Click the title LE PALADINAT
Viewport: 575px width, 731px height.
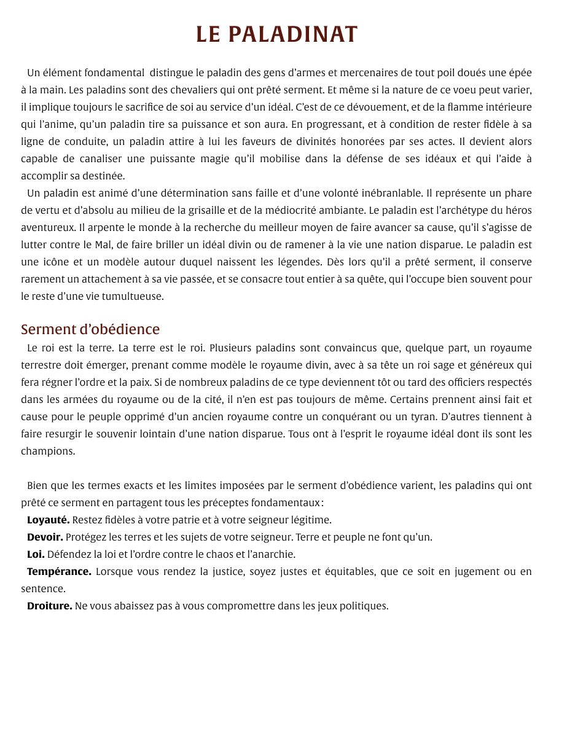[x=276, y=34]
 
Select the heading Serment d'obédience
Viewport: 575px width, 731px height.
[x=90, y=329]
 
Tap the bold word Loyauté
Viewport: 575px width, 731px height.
[x=48, y=520]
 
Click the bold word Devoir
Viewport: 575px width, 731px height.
[x=45, y=537]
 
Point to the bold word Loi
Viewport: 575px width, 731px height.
[x=36, y=554]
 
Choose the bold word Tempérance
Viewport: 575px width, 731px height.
[x=59, y=571]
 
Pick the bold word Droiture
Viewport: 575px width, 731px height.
[x=50, y=606]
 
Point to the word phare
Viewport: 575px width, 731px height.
[x=518, y=193]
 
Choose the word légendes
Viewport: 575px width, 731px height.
[x=288, y=262]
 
